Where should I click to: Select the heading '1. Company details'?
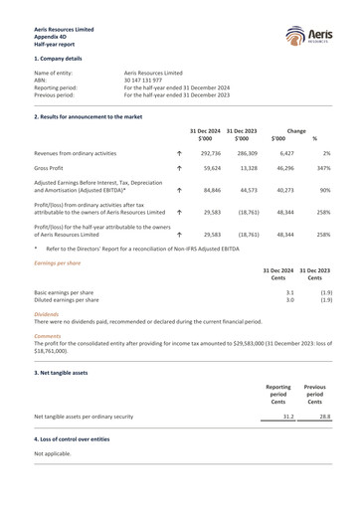63,60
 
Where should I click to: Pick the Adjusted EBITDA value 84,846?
208,190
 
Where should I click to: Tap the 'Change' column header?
296,131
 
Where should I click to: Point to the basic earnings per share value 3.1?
289,293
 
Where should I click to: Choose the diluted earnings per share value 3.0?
289,300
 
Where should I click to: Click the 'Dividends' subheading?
46,314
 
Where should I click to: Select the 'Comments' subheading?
48,336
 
